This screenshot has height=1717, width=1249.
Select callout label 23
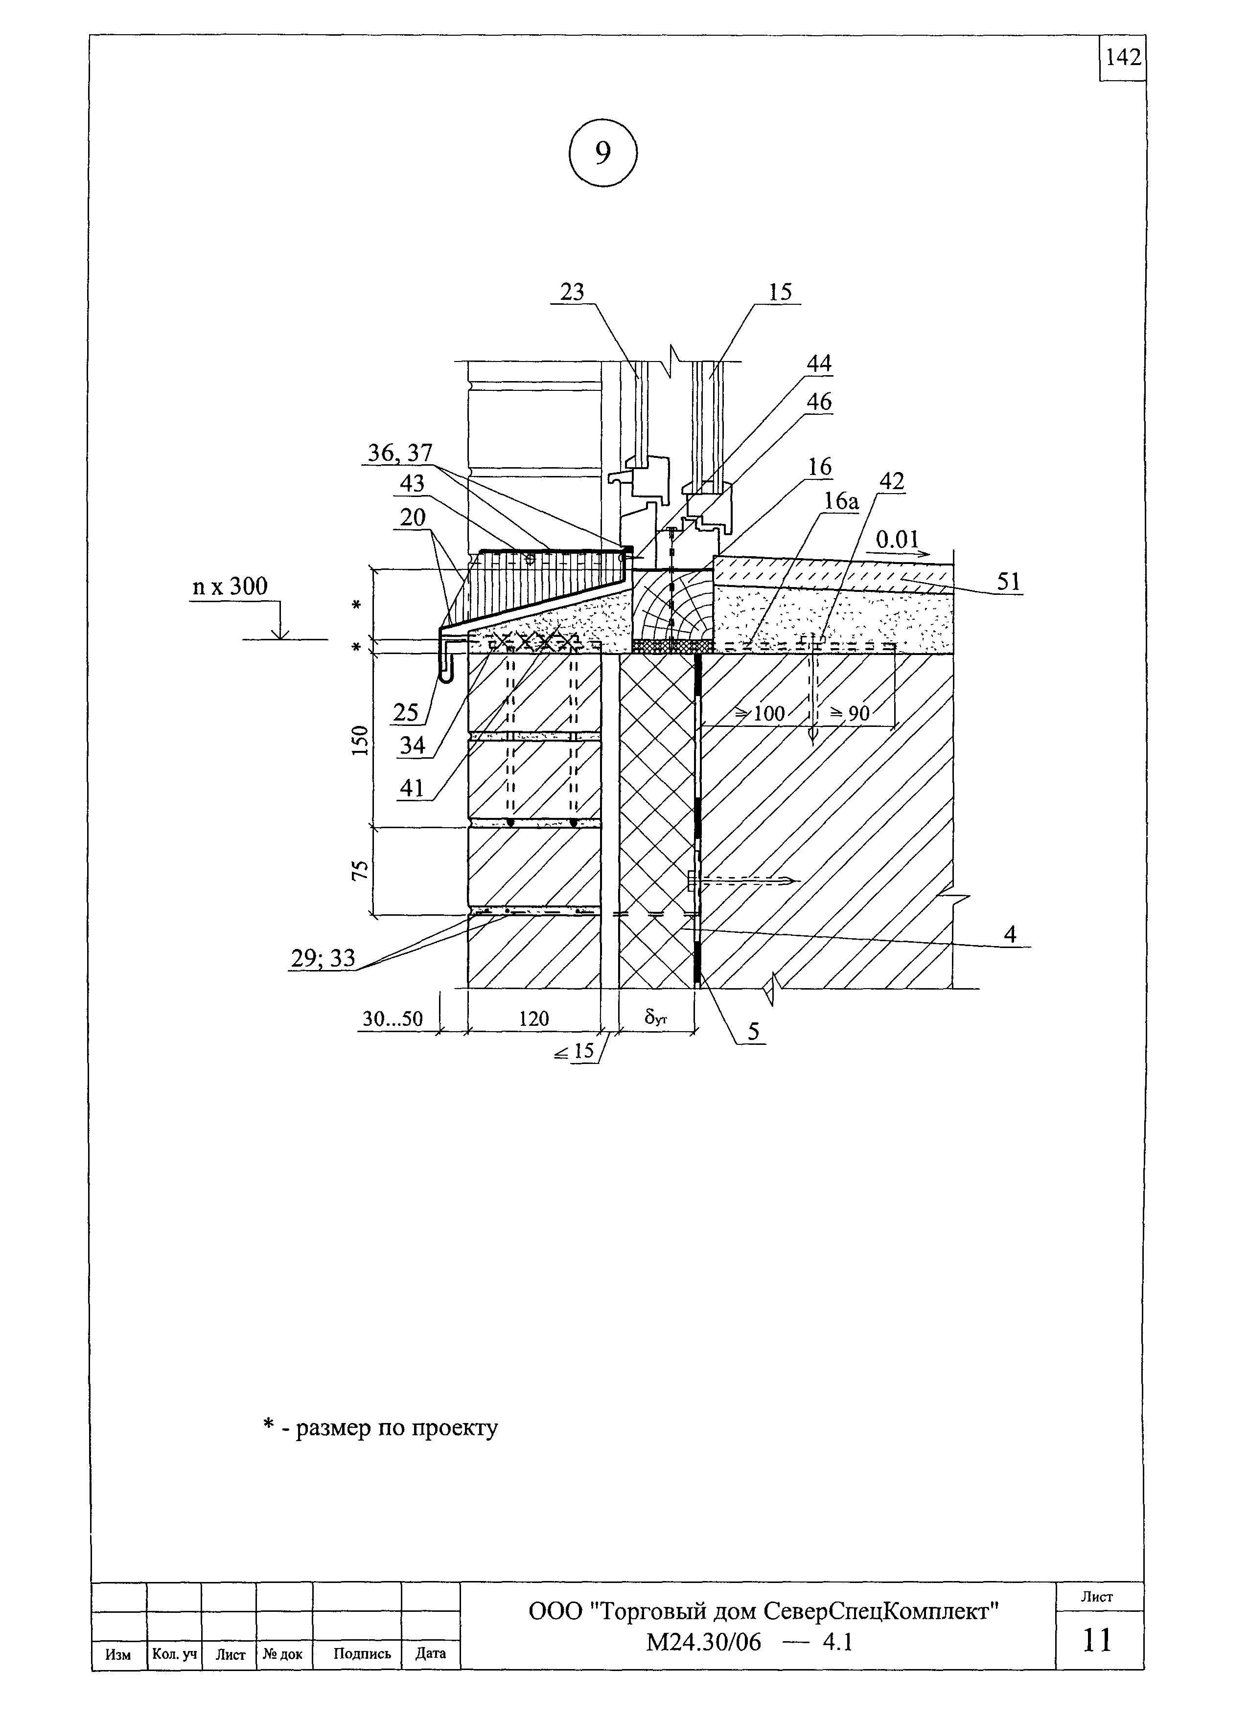point(573,292)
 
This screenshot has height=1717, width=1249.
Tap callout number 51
point(1009,582)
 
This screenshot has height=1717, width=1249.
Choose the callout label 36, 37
point(400,452)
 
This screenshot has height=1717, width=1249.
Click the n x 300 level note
point(230,586)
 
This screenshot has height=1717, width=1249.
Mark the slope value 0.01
point(898,539)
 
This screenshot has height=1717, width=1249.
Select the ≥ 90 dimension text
point(850,713)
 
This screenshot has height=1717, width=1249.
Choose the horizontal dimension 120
point(533,1019)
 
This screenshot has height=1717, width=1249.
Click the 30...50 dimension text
point(393,1019)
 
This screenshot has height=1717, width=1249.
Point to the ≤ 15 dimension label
point(574,1052)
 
